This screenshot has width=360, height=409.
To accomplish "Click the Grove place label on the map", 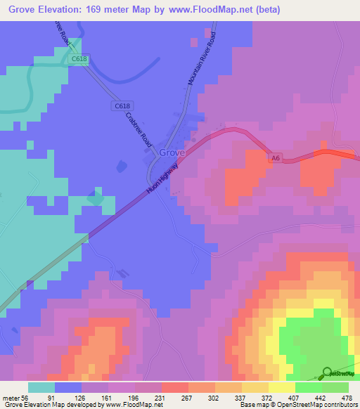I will (172, 152).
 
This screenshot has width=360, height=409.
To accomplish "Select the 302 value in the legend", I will (213, 397).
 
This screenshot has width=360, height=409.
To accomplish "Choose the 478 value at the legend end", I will (347, 397).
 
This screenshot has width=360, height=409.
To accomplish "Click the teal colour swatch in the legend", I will (41, 387).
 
